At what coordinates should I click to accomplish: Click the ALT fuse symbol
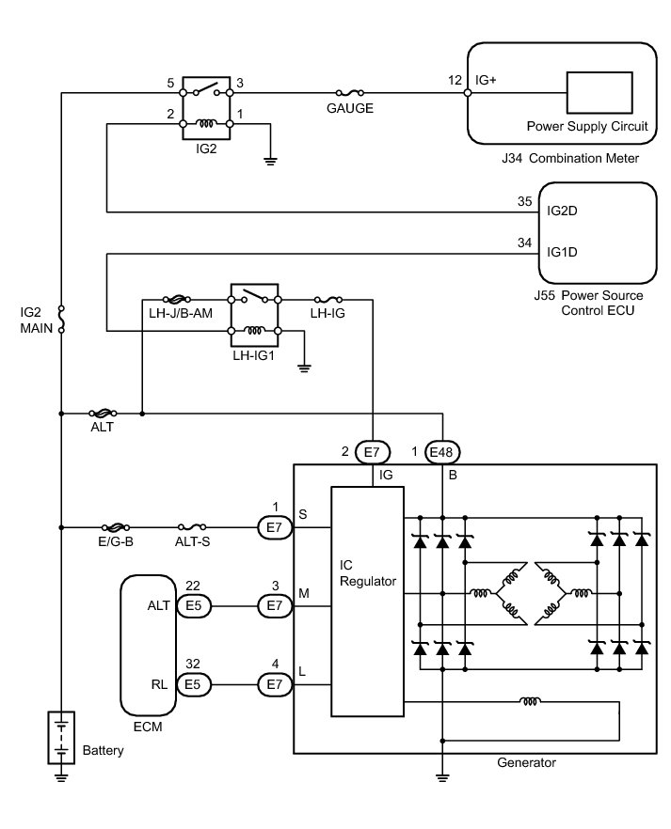[102, 413]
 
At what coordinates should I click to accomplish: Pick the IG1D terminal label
[562, 251]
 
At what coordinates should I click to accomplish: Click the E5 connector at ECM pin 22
[193, 606]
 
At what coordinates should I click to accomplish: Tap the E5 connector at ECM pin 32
[193, 685]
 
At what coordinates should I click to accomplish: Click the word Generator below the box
[526, 762]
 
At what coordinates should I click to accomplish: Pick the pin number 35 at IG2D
[524, 201]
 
